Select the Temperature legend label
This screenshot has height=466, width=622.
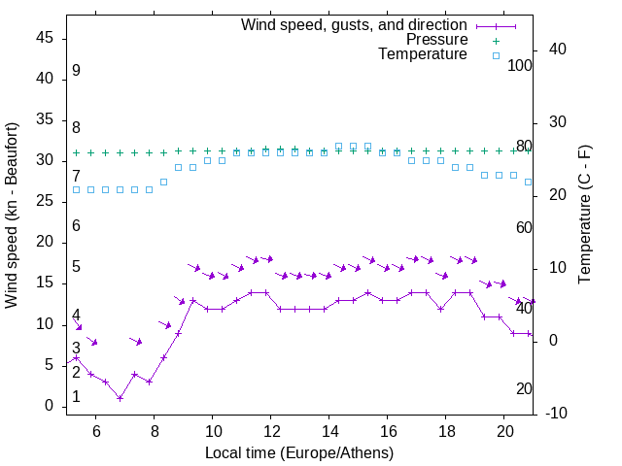pos(423,54)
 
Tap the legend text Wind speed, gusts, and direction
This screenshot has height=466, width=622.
pos(355,24)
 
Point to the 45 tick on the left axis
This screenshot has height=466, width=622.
pos(46,38)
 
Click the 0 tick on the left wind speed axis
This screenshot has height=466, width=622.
pos(51,406)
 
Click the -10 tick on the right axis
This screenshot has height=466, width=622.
pos(557,414)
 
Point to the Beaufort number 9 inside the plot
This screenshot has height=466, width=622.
pos(76,71)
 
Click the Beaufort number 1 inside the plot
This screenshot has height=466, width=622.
pos(76,397)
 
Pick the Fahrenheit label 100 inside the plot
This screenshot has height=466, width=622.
pos(521,65)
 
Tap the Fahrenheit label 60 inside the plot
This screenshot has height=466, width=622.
pos(525,227)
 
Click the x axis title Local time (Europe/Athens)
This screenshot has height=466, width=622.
pos(299,452)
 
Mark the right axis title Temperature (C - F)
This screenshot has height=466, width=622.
pos(584,216)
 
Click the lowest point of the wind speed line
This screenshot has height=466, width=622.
pos(120,397)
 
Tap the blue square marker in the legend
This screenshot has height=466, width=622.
pos(496,55)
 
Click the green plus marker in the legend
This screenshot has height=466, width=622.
pos(496,41)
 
